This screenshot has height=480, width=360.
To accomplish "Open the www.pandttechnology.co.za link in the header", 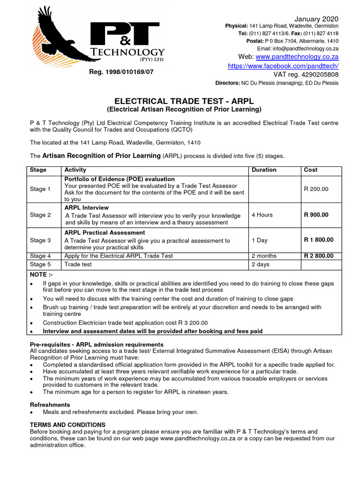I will point(297,57).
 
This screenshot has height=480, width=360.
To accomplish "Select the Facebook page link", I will point(283,66).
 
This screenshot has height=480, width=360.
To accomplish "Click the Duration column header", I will point(264,170).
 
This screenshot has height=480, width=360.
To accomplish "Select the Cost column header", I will point(310,170).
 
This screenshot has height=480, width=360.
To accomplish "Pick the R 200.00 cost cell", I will point(316,189).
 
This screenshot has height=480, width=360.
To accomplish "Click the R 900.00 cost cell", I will point(316,215).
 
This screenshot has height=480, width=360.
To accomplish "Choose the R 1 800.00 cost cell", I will point(319,240).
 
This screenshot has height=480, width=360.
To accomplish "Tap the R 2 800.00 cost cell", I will point(319,256).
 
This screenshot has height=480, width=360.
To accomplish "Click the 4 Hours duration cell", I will point(262,215).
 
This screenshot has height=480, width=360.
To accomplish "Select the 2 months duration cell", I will point(264,256).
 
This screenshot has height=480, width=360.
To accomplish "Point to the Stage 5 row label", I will point(41,264).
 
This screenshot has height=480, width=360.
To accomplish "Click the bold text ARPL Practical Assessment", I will point(105,233).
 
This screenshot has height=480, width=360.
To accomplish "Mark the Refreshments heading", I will point(50,405).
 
